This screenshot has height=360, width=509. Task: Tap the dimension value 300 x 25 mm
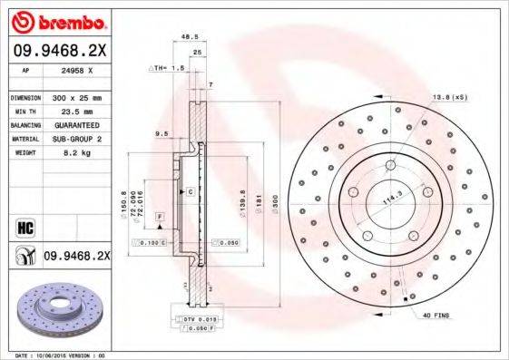[75, 97]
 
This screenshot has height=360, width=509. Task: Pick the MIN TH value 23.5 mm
[75, 111]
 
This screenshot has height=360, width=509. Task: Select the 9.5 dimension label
[162, 133]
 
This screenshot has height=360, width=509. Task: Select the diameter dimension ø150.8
[122, 205]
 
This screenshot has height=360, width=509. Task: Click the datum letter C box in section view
[191, 192]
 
